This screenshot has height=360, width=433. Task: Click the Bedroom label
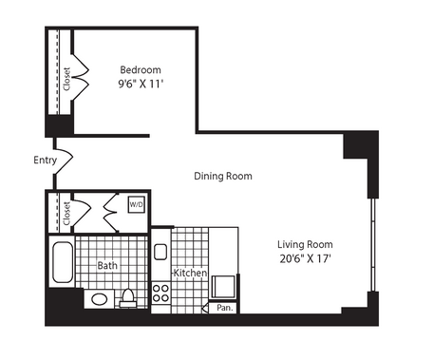tap(141, 69)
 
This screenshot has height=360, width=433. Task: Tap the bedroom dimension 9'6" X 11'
tap(141, 84)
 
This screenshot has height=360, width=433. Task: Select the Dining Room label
tap(223, 176)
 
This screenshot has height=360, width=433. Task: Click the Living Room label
tap(305, 244)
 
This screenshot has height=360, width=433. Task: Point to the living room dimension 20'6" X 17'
tap(305, 258)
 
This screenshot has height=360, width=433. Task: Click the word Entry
tap(46, 161)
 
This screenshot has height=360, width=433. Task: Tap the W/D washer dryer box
tap(137, 204)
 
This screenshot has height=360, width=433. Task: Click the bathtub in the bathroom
tap(63, 262)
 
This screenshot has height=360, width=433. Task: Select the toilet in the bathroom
tap(128, 298)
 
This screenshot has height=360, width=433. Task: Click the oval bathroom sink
tap(100, 299)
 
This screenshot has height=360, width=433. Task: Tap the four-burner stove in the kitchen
tap(160, 293)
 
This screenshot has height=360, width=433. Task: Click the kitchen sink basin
tap(160, 252)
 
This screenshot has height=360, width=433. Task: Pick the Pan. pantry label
tap(225, 308)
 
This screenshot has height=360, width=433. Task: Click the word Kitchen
tap(190, 273)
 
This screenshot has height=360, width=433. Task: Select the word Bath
tap(107, 265)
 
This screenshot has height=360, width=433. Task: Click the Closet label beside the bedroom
tap(66, 79)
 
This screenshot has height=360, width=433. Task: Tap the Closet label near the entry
tap(66, 214)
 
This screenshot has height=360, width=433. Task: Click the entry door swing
tap(65, 157)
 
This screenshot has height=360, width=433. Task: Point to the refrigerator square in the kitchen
tap(223, 287)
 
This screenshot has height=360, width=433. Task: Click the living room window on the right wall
tap(373, 244)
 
